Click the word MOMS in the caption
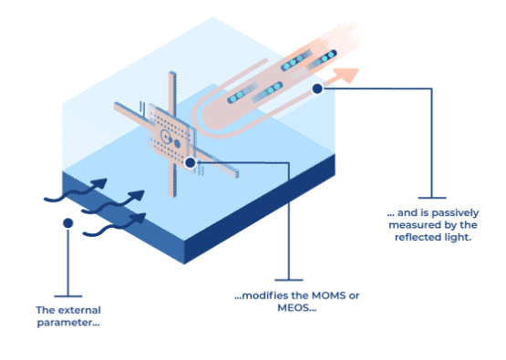click(325, 295)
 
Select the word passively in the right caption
click(455, 213)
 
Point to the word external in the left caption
click(78, 310)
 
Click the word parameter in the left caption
click(64, 323)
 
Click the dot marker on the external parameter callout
click(68, 223)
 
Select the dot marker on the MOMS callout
click(191, 162)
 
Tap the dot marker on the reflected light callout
click(317, 88)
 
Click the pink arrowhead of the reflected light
click(347, 75)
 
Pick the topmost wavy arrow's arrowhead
click(99, 183)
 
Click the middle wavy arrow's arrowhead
click(137, 196)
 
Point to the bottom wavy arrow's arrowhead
click(139, 218)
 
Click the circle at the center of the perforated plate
click(166, 138)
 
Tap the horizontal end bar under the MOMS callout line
click(289, 280)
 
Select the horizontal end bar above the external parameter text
click(68, 296)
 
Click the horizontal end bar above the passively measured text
click(432, 198)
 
